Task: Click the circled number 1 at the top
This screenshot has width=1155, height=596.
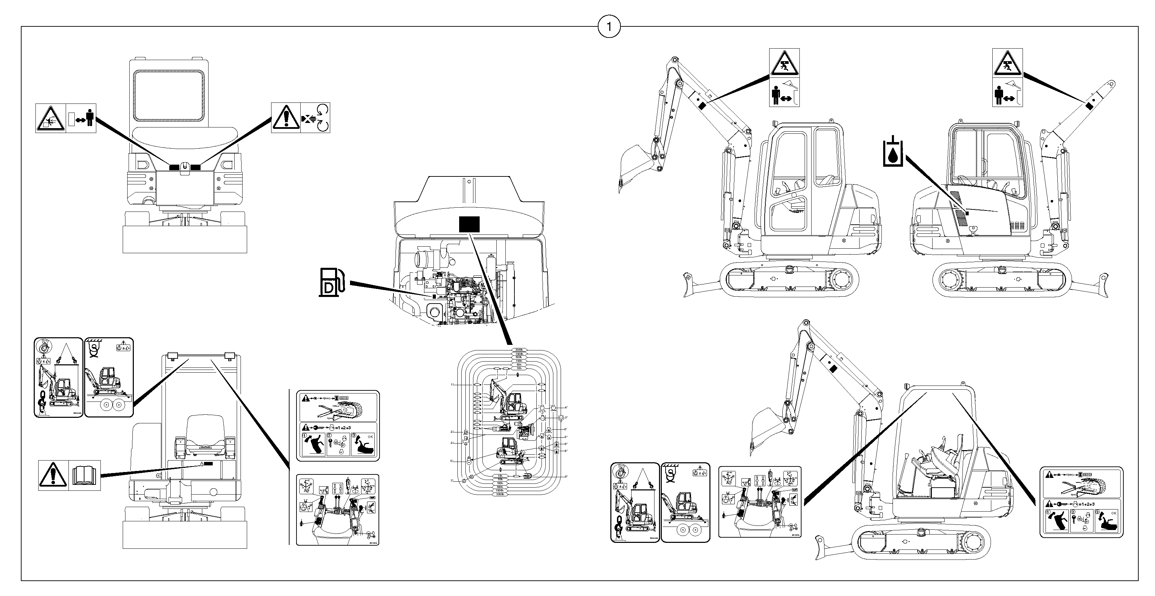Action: point(609,27)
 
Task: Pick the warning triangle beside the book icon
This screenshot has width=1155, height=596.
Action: point(53,475)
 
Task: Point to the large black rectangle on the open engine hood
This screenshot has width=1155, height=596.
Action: point(469,224)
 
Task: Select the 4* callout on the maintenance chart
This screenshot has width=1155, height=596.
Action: point(566,407)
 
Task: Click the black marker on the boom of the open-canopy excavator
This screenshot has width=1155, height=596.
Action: point(833,369)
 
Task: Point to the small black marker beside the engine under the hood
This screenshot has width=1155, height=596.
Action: point(433,297)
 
